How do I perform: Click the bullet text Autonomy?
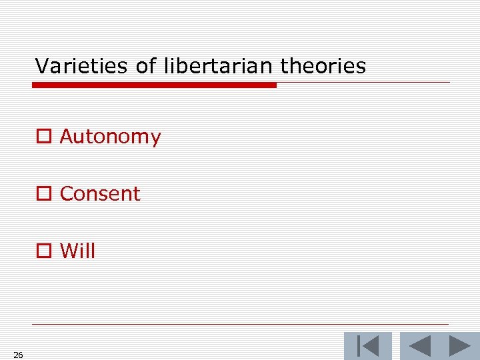[110, 137]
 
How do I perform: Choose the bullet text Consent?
[100, 194]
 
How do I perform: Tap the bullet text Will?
[77, 251]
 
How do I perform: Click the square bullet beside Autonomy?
[44, 137]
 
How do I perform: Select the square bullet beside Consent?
[44, 194]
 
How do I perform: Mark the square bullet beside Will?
[44, 251]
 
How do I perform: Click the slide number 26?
[18, 355]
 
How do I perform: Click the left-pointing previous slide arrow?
[419, 346]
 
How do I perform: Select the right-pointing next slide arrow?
[459, 346]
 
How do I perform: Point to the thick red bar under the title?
[155, 85]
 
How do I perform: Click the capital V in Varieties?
[41, 66]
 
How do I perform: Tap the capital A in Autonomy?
[67, 137]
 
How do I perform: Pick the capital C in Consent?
[67, 194]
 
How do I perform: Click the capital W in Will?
[69, 251]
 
